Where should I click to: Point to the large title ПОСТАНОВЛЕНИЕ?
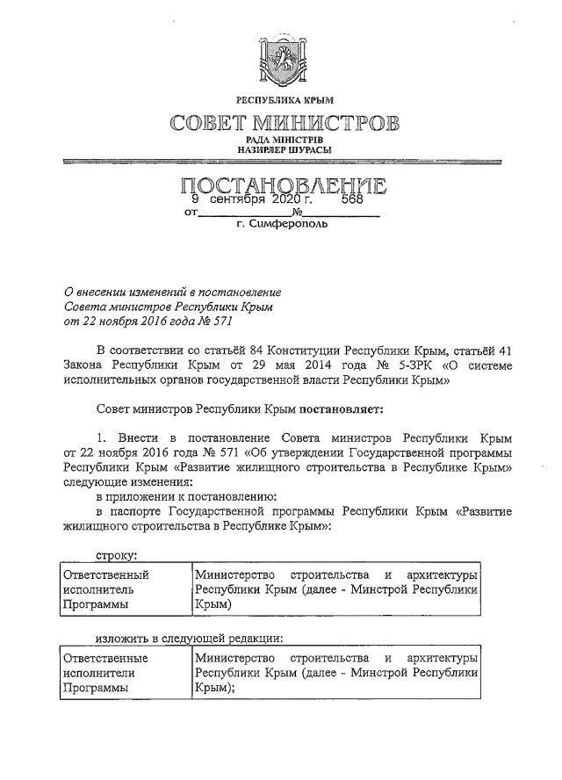click(x=283, y=185)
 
